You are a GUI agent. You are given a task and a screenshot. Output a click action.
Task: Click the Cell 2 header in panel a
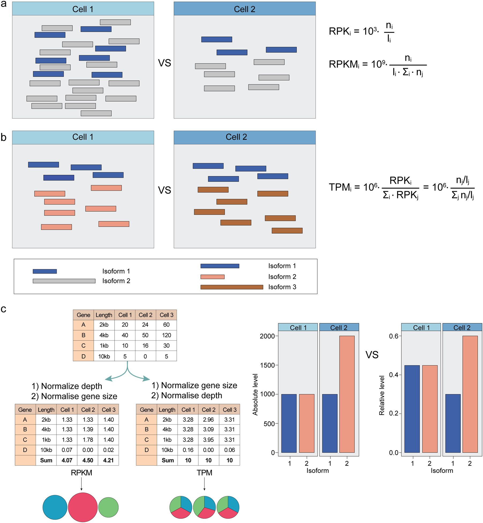click(x=244, y=9)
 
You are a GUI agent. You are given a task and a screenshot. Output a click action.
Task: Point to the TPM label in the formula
click(x=340, y=187)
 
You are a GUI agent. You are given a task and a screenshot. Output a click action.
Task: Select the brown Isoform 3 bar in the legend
click(x=232, y=287)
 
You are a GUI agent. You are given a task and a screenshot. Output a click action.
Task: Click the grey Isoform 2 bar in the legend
click(x=64, y=281)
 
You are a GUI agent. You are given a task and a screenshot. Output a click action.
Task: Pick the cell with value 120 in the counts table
click(x=166, y=335)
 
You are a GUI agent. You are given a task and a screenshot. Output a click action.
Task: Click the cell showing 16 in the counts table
click(x=145, y=345)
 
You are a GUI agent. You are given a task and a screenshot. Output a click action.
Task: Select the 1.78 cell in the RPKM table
click(x=88, y=440)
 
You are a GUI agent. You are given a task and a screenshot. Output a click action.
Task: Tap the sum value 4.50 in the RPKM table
click(x=88, y=460)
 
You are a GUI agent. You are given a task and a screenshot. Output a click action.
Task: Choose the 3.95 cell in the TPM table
click(x=208, y=440)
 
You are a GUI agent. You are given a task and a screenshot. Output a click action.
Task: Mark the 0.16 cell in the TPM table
click(x=188, y=450)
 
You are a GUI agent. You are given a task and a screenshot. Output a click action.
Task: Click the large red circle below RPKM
click(x=83, y=507)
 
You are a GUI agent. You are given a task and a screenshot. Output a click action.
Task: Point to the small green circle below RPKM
click(x=108, y=507)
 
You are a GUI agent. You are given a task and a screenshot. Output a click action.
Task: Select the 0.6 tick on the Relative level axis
click(x=394, y=336)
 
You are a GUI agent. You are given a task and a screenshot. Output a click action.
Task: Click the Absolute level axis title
click(x=255, y=394)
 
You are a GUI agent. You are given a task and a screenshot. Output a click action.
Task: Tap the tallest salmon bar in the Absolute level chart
click(x=347, y=394)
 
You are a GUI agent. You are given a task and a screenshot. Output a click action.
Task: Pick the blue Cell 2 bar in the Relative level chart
click(x=453, y=423)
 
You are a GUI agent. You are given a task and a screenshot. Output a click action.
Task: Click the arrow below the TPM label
click(x=204, y=484)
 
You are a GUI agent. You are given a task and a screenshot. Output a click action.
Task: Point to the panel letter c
click(x=3, y=309)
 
